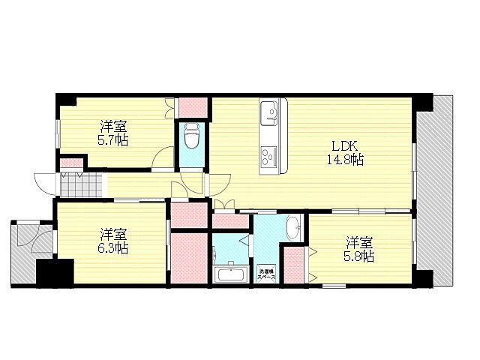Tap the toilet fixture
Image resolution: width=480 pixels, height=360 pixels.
tap(191, 138)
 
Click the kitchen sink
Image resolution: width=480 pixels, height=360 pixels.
tap(269, 115)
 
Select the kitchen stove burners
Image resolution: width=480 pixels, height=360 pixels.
tap(268, 157)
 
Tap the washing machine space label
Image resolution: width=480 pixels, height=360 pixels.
tap(267, 274)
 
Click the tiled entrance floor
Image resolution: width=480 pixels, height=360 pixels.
tap(80, 183)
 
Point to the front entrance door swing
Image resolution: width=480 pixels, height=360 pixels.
tap(43, 183)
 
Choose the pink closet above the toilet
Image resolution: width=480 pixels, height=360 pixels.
tap(192, 106)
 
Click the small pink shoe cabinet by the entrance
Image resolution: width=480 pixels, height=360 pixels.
tap(71, 163)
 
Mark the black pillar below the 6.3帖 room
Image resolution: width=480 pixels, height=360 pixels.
tap(55, 272)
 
